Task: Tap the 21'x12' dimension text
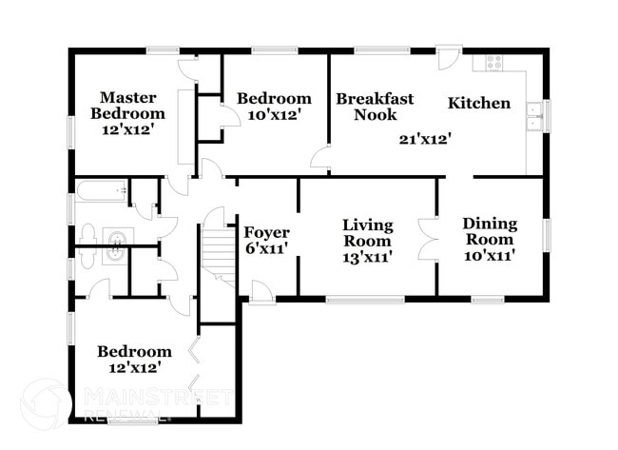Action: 424,139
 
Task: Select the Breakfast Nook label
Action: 374,106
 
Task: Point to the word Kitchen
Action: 479,103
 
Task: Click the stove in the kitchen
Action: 494,62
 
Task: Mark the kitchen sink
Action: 534,115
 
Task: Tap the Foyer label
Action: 267,232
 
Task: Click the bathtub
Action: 102,192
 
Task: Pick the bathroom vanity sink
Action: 116,245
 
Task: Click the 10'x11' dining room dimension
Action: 490,256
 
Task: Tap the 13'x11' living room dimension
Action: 367,256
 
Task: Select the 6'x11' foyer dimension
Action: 267,249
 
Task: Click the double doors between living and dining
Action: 428,240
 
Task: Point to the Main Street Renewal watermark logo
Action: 46,403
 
